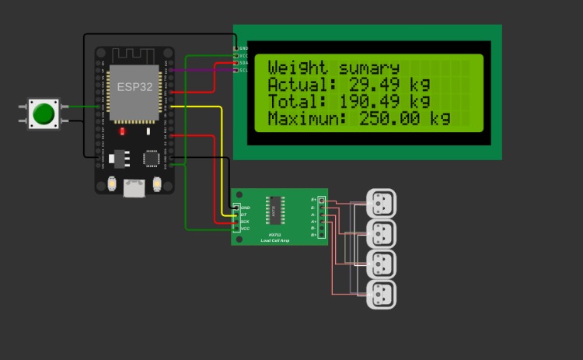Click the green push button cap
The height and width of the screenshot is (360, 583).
(44, 114)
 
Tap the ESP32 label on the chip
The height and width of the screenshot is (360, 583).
(135, 86)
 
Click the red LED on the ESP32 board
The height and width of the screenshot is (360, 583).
(122, 131)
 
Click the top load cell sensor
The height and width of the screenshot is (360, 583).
(381, 204)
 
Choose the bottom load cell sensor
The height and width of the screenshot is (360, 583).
(381, 295)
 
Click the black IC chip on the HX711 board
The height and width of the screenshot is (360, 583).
(274, 208)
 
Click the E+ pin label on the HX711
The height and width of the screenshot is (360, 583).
(313, 201)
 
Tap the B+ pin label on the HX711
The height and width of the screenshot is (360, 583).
(313, 235)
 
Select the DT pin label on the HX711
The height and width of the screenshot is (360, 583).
(245, 215)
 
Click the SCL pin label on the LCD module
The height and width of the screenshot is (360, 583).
(244, 70)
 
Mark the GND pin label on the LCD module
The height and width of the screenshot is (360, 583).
(244, 48)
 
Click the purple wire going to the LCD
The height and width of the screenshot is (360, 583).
(202, 71)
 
